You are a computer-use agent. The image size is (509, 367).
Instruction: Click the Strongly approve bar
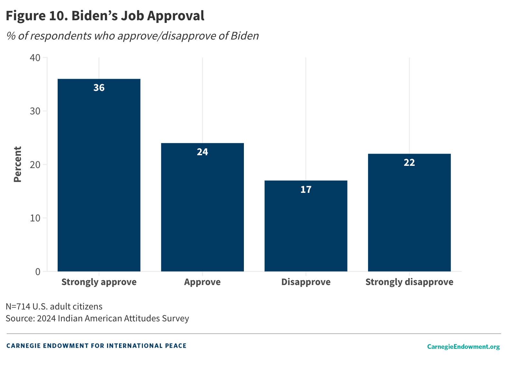(99, 175)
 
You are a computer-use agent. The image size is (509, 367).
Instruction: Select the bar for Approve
(202, 207)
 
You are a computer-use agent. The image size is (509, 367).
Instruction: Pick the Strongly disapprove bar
(409, 212)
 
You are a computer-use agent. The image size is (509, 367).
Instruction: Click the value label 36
(99, 88)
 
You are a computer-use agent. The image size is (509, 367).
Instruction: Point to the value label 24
(202, 152)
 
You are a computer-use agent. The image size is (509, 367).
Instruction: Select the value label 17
(306, 190)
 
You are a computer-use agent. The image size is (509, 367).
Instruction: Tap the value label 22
(409, 163)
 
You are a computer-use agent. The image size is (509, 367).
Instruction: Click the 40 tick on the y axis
(35, 58)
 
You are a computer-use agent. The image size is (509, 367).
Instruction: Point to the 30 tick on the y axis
(35, 111)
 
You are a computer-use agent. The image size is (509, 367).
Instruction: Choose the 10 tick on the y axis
(35, 218)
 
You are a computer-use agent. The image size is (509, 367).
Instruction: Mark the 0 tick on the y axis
(38, 272)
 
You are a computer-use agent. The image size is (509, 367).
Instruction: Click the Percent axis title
(18, 165)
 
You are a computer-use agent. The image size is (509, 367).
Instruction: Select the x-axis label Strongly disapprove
(409, 282)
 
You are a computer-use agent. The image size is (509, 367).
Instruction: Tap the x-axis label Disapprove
(306, 282)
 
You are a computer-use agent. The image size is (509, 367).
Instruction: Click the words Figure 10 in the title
(36, 16)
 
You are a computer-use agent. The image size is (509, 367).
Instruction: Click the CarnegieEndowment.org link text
(463, 346)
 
